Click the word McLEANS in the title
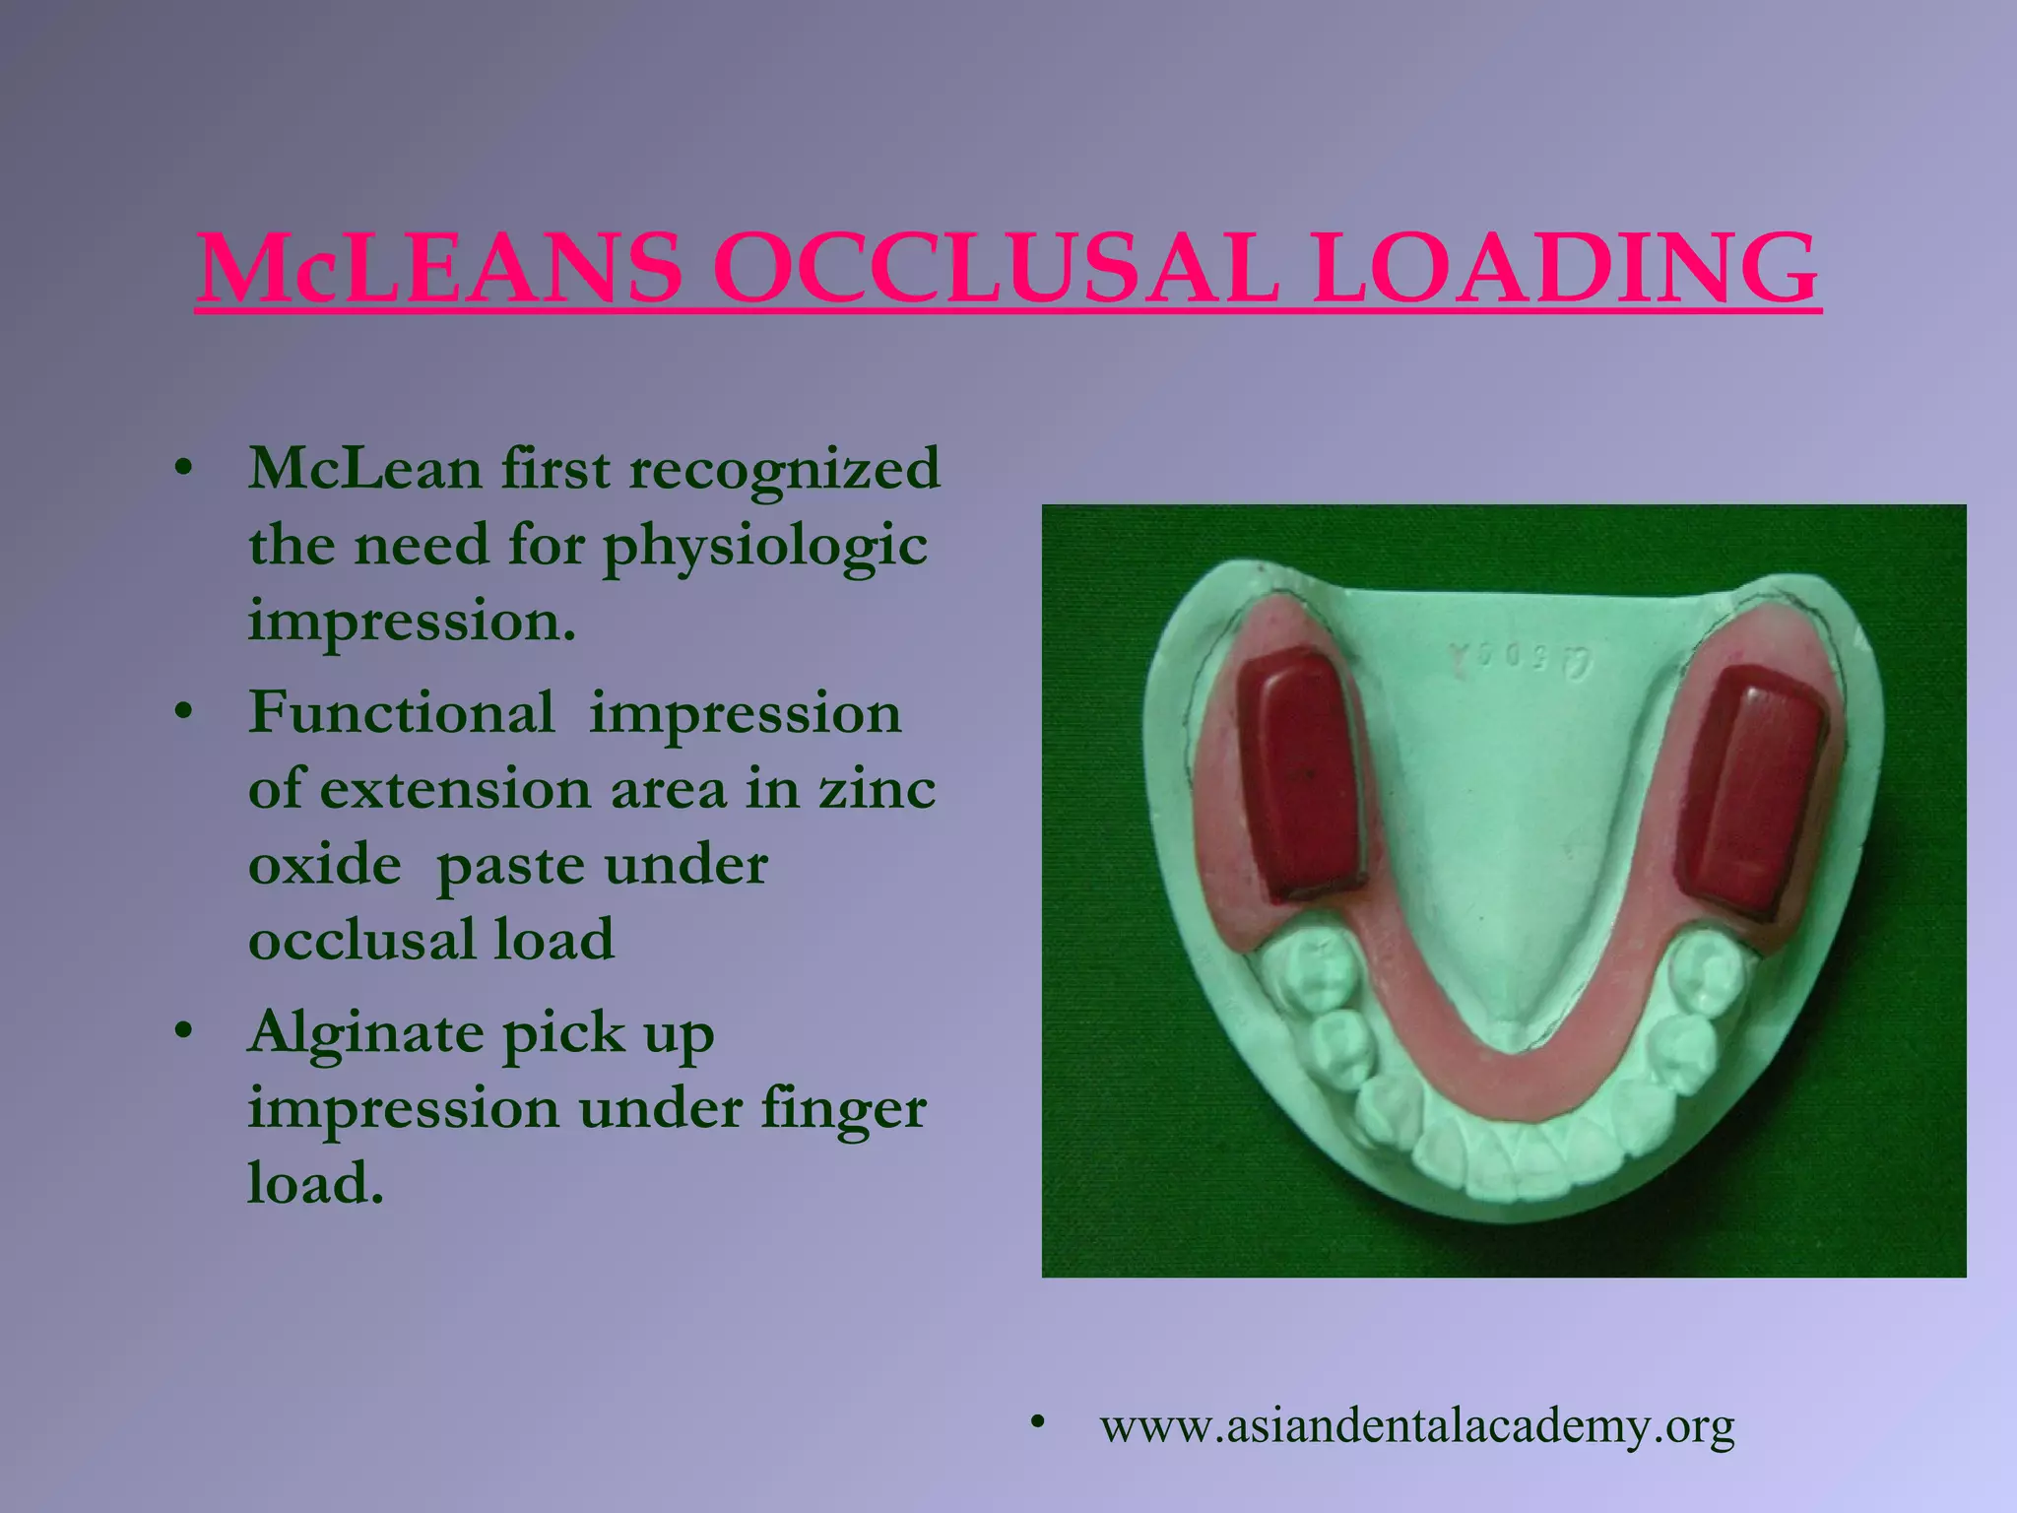click(439, 268)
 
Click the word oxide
click(324, 866)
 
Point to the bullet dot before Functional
click(181, 711)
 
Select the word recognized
click(784, 470)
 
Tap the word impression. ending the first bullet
click(411, 622)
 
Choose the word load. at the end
click(314, 1184)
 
